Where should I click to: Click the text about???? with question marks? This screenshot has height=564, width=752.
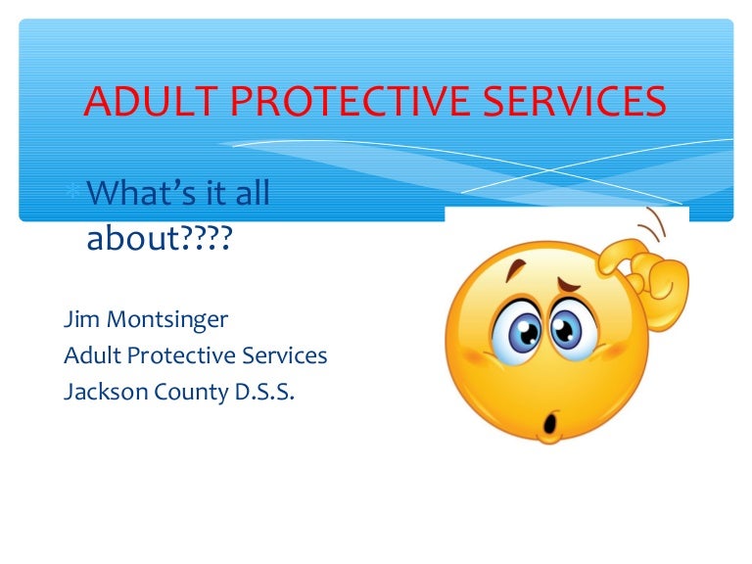point(158,238)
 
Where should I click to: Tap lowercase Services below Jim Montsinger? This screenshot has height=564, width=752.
point(286,355)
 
